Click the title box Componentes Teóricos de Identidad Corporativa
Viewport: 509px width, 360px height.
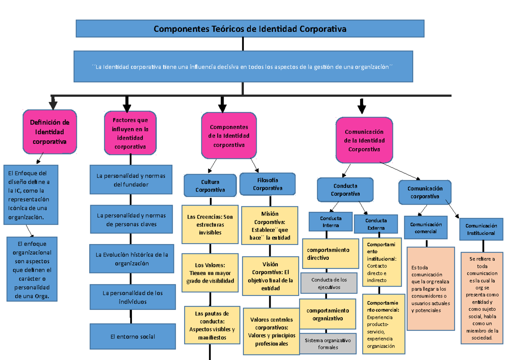point(250,29)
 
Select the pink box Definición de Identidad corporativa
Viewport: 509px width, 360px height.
point(50,132)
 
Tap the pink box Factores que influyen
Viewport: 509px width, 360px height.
point(130,133)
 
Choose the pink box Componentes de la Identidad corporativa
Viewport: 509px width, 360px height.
point(229,136)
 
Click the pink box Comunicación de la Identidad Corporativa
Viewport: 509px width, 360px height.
point(364,141)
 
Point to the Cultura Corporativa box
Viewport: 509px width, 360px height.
point(210,186)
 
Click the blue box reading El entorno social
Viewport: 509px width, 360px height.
point(133,337)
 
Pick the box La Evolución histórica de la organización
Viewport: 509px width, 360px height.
point(132,259)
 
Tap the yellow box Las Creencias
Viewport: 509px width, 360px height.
point(210,225)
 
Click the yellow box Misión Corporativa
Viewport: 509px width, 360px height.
point(269,225)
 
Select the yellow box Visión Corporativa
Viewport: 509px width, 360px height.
point(270,276)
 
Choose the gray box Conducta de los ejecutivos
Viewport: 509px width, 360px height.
point(329,283)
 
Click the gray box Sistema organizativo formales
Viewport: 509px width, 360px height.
point(328,344)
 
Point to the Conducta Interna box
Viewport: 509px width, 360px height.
point(331,222)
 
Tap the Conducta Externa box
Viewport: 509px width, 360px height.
point(376,224)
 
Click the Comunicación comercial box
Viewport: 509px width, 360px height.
point(425,228)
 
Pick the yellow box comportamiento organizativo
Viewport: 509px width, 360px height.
point(328,315)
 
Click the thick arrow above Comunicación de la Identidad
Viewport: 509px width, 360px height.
point(361,106)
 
